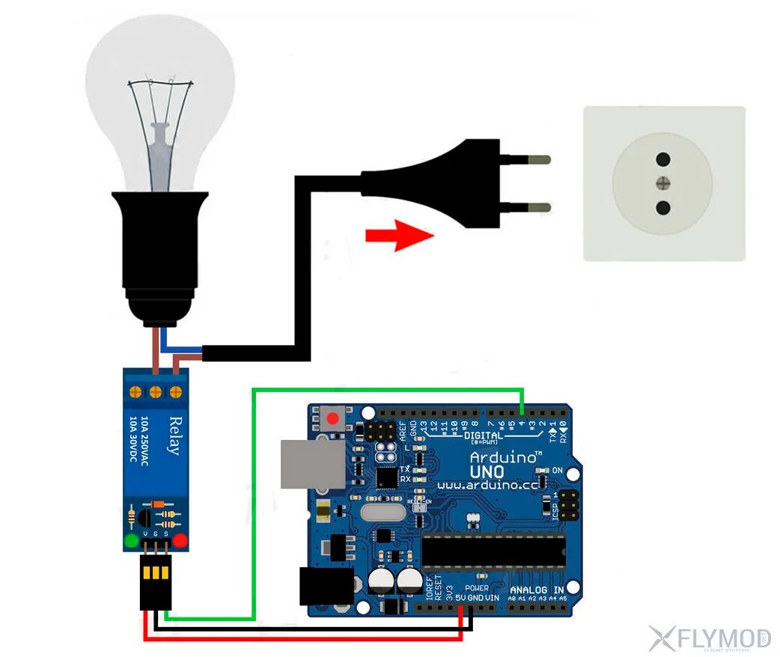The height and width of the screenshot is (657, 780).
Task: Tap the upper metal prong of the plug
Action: pos(533,159)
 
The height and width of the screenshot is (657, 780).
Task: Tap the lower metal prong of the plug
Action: pos(533,207)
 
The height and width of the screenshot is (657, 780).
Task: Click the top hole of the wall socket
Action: pos(662,159)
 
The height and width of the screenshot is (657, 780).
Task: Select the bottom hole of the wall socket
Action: pos(662,207)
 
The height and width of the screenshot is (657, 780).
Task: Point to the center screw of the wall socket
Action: pos(662,183)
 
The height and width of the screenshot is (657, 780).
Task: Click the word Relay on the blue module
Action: pos(174,436)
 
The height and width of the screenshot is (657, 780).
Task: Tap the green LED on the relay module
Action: pos(132,540)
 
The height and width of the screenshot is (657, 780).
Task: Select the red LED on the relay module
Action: pos(180,540)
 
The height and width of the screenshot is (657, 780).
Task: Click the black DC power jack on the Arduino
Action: pos(325,586)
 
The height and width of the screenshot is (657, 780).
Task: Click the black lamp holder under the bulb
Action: pos(159,254)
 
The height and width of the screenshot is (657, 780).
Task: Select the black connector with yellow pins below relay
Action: pos(156,584)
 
